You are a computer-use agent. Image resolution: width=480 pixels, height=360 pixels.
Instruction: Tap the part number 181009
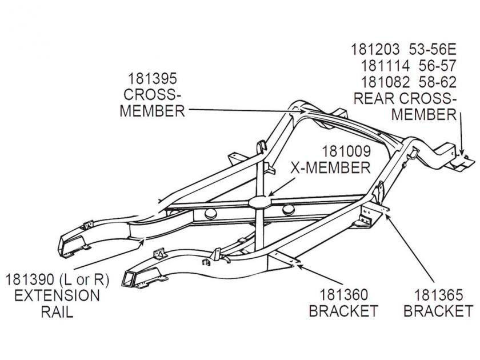(346, 152)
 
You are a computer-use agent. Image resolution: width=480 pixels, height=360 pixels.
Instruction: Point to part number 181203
(374, 47)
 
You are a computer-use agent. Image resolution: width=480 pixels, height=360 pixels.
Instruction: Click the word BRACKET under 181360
(343, 311)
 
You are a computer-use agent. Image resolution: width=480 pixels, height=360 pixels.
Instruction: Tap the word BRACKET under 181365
(438, 311)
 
